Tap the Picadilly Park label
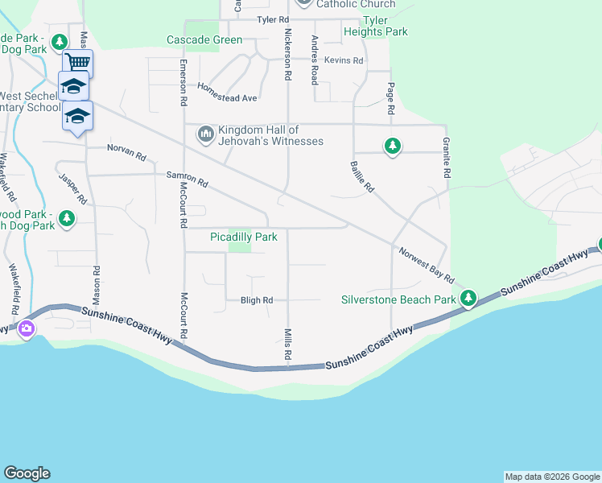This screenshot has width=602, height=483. point(243,237)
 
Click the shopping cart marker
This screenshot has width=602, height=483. point(77,62)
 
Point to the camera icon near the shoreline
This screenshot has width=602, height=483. point(27,328)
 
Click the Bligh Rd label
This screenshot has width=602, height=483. point(257,300)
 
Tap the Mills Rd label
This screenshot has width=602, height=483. point(287,344)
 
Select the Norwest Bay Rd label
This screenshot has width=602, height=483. point(426,263)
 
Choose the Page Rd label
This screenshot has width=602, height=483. point(391,98)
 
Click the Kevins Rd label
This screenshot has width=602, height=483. point(344,60)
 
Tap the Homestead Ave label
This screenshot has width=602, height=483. point(227,93)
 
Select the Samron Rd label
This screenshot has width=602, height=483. point(187,180)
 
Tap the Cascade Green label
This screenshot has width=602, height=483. point(204,39)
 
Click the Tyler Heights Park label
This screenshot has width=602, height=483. point(375,26)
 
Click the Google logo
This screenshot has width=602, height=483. point(27,473)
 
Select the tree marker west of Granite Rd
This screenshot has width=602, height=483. point(392,146)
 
